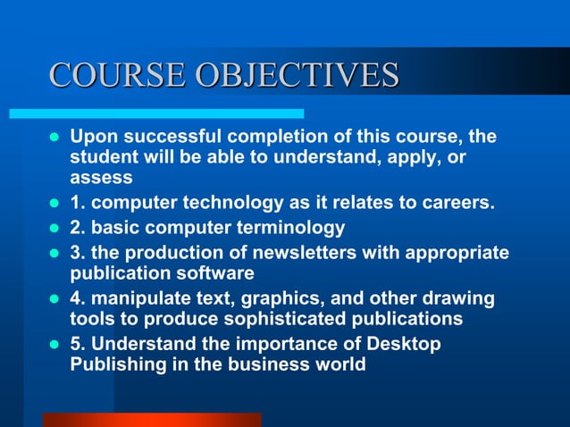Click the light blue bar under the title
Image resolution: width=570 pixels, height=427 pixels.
click(156, 114)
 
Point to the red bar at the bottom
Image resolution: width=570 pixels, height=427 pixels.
click(152, 419)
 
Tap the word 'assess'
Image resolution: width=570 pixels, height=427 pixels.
click(101, 177)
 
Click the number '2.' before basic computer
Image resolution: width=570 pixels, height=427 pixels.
click(80, 228)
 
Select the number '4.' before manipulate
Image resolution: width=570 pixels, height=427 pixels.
click(80, 298)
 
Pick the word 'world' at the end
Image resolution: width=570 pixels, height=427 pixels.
click(340, 364)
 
